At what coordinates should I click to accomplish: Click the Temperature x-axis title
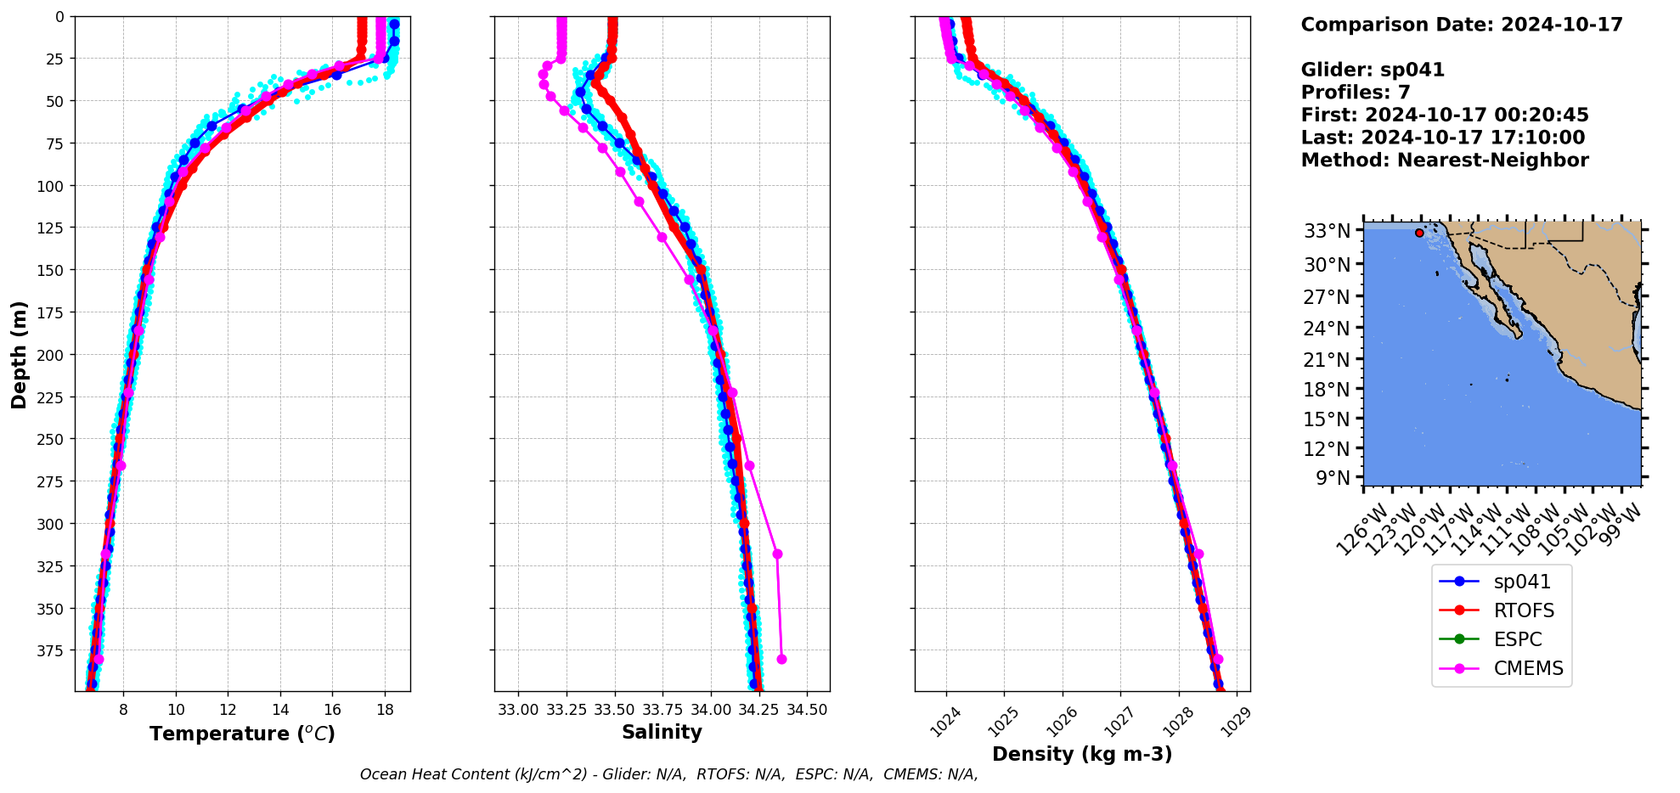pyautogui.click(x=242, y=734)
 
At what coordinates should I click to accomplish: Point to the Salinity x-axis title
pyautogui.click(x=662, y=732)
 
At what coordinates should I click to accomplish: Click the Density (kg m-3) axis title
pyautogui.click(x=1082, y=754)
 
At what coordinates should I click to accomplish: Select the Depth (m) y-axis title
pyautogui.click(x=19, y=354)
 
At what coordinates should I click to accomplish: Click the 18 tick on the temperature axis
pyautogui.click(x=385, y=710)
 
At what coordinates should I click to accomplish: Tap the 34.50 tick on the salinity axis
pyautogui.click(x=807, y=710)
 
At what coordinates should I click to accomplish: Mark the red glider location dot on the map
pyautogui.click(x=1419, y=233)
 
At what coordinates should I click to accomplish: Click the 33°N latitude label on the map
pyautogui.click(x=1327, y=231)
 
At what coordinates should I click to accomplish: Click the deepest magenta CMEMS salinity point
pyautogui.click(x=781, y=659)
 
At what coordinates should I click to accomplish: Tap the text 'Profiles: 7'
pyautogui.click(x=1356, y=93)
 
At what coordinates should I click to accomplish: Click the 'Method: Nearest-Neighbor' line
pyautogui.click(x=1445, y=160)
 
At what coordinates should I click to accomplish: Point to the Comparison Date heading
pyautogui.click(x=1462, y=25)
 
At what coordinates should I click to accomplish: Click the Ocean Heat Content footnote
pyautogui.click(x=668, y=774)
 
